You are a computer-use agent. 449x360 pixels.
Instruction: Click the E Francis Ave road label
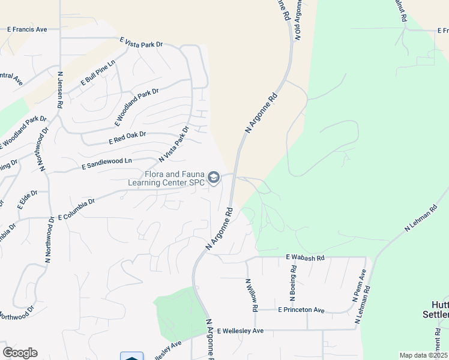coord(27,29)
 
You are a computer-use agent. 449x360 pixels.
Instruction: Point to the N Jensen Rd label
coord(60,90)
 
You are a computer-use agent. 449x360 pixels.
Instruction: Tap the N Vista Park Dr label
coord(173,144)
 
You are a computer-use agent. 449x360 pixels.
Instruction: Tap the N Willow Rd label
coord(251,295)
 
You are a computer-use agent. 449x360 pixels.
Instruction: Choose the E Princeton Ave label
coord(301,310)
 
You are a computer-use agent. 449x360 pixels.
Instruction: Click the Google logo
coord(20,353)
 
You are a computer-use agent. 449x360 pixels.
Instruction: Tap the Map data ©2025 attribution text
coord(423,355)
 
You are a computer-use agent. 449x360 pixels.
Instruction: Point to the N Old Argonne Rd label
coord(298,19)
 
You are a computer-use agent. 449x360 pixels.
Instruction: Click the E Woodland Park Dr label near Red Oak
coord(136,107)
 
